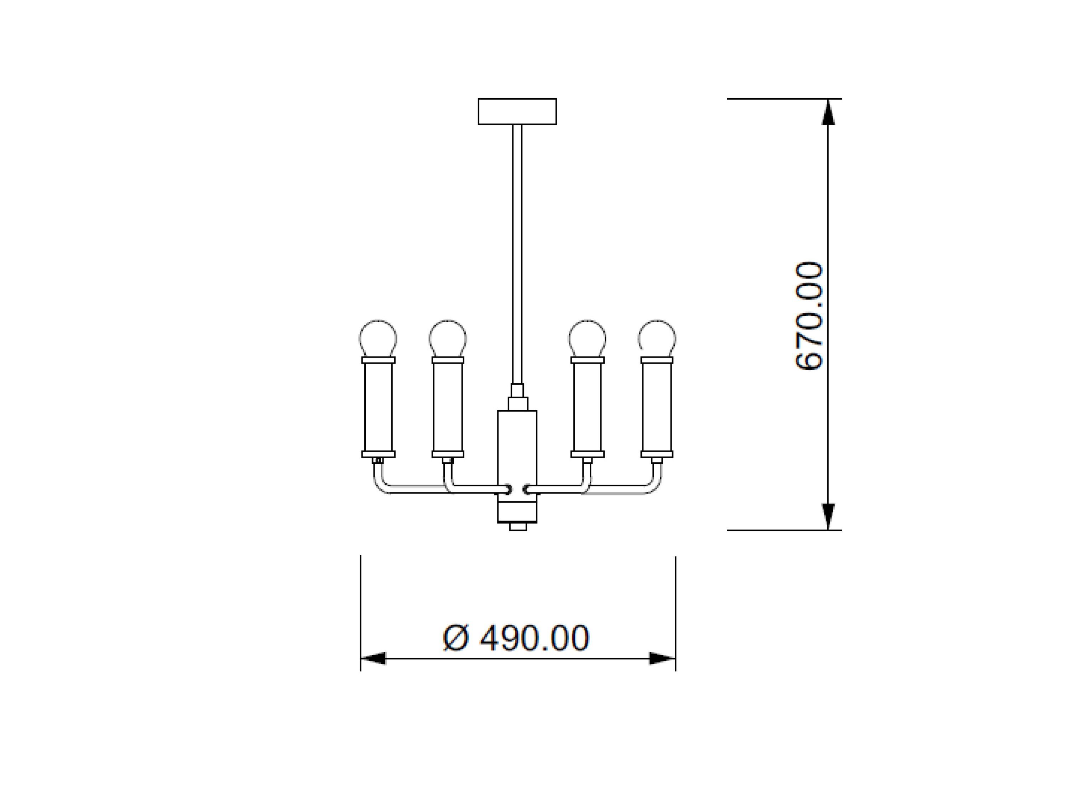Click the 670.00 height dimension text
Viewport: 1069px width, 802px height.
click(808, 316)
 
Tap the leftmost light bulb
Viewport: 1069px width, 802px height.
click(378, 338)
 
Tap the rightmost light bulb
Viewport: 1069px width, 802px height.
click(657, 338)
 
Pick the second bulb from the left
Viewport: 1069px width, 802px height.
click(448, 338)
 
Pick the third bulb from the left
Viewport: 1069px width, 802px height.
click(587, 338)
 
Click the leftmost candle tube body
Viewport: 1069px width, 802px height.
click(379, 407)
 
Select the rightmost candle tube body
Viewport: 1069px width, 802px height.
click(657, 407)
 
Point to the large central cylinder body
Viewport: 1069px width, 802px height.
click(517, 449)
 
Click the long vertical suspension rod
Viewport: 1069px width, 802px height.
click(517, 251)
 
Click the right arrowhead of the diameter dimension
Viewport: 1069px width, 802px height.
click(662, 658)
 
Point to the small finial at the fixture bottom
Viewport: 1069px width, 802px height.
click(518, 526)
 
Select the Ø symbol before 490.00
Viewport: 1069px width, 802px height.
click(456, 638)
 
